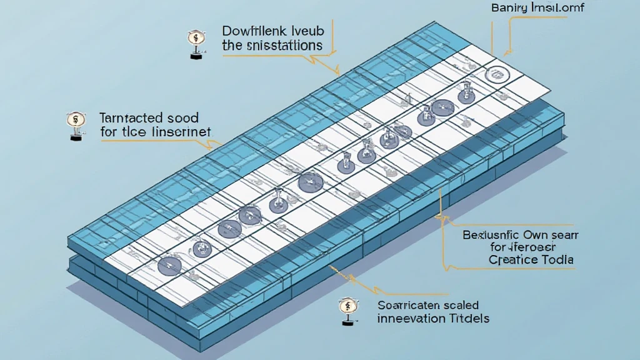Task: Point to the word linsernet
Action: tap(180, 132)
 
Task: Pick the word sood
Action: tap(183, 117)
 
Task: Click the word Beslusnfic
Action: tap(497, 236)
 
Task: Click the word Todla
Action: tap(557, 260)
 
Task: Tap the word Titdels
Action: tap(467, 319)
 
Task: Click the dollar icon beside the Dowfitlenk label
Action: tap(194, 39)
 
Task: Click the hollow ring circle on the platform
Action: tap(498, 75)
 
